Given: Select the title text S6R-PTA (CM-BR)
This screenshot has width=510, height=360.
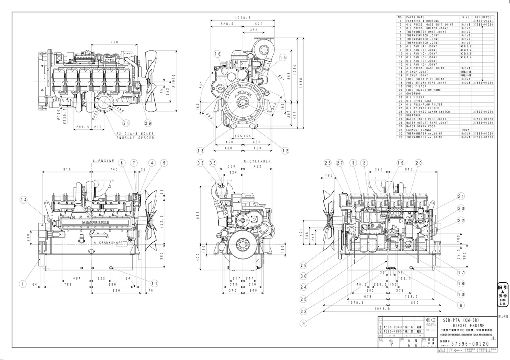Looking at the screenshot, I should tap(460, 320).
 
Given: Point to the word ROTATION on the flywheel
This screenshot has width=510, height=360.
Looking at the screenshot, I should tap(244, 93).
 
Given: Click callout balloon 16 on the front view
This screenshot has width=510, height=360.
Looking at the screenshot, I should tap(217, 54).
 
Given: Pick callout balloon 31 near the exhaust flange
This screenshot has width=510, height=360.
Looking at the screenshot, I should tap(126, 123).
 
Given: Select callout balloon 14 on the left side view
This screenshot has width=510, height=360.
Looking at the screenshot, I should tap(24, 199).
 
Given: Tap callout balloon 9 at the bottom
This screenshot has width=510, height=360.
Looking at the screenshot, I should tap(304, 323).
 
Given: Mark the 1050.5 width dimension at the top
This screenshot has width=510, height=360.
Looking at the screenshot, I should tap(243, 18).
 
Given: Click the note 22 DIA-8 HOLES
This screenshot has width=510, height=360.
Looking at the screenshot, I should tap(135, 134).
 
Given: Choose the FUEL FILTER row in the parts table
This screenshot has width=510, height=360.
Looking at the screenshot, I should tap(416, 86).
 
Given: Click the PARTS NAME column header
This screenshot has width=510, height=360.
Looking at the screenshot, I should tap(415, 18).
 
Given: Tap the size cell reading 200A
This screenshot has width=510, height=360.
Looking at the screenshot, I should tap(466, 130).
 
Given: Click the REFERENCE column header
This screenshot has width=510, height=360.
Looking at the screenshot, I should tap(483, 18).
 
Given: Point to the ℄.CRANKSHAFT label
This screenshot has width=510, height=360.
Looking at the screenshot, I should tap(108, 242).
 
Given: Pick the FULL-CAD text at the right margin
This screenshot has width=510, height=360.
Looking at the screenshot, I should tap(503, 316).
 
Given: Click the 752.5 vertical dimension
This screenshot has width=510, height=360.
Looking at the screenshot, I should tap(161, 222).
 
